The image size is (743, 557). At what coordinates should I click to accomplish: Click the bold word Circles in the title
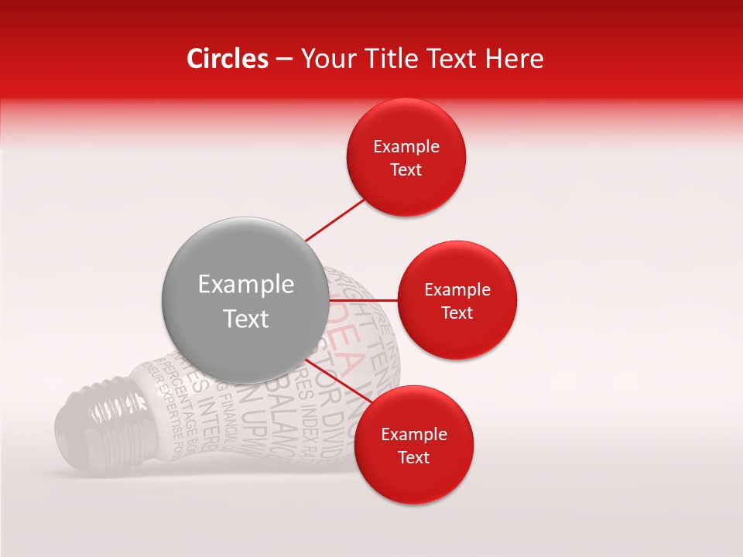[x=227, y=58]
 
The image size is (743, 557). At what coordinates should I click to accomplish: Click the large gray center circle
[x=245, y=299]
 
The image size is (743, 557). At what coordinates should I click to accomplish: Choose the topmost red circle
[x=406, y=158]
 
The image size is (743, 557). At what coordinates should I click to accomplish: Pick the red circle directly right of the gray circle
[x=457, y=300]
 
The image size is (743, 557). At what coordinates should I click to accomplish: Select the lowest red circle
[x=413, y=445]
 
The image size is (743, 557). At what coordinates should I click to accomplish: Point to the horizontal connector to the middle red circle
[x=362, y=299]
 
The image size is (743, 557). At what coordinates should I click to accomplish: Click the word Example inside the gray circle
[x=245, y=284]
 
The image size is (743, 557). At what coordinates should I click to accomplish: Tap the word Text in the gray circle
[x=245, y=318]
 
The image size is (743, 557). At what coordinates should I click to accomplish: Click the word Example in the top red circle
[x=406, y=147]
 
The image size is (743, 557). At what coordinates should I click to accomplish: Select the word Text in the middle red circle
[x=457, y=313]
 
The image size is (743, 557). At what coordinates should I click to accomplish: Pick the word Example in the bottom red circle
[x=413, y=434]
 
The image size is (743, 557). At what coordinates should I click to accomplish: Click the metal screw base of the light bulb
[x=101, y=410]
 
